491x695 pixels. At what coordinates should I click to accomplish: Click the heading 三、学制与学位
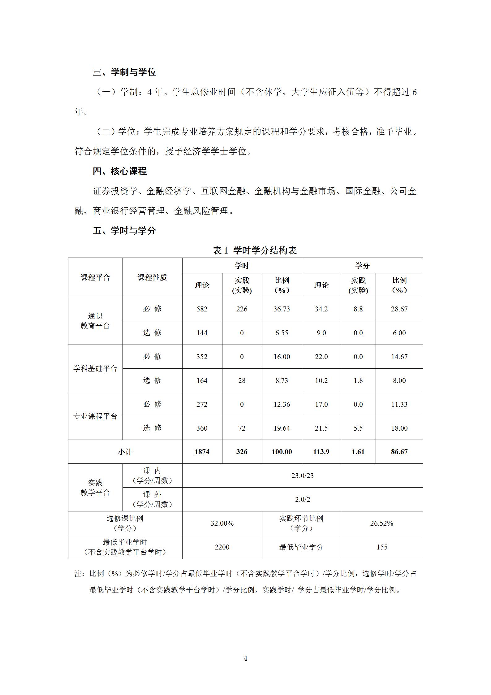(124, 72)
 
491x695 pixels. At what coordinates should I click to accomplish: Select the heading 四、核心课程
(120, 171)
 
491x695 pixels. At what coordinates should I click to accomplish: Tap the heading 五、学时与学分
(124, 231)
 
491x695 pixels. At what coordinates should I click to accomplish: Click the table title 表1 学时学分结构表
(254, 250)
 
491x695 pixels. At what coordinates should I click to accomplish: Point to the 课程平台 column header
(95, 278)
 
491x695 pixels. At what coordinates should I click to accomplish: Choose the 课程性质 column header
(152, 278)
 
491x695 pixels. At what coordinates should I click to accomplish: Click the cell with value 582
(202, 309)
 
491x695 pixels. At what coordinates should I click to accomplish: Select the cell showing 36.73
(282, 309)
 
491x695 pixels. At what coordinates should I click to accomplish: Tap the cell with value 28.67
(399, 309)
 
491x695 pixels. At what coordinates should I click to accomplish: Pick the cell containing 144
(202, 333)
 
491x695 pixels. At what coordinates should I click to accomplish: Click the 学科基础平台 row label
(95, 369)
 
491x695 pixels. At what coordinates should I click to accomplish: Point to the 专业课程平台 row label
(95, 416)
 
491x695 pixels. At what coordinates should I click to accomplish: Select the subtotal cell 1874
(202, 452)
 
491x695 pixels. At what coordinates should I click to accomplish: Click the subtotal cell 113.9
(321, 452)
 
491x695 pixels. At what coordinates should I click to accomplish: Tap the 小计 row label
(125, 452)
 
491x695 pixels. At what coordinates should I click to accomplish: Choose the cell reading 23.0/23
(302, 476)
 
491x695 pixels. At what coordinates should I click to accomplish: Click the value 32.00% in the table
(222, 523)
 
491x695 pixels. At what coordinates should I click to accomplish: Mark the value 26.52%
(382, 523)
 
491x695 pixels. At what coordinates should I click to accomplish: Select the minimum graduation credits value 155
(382, 547)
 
